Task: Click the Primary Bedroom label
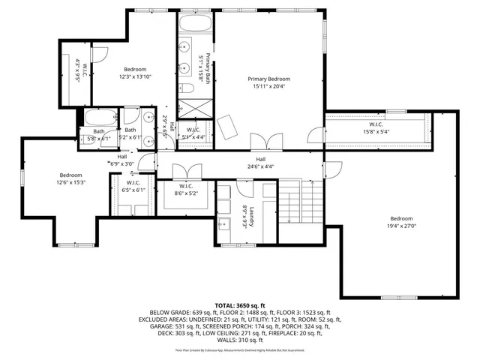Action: pyautogui.click(x=269, y=79)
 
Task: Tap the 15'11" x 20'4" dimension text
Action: pyautogui.click(x=269, y=86)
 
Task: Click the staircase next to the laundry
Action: pyautogui.click(x=299, y=205)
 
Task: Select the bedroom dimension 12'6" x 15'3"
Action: pyautogui.click(x=73, y=182)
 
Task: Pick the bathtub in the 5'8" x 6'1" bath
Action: pyautogui.click(x=99, y=118)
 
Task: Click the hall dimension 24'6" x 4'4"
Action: pyautogui.click(x=260, y=166)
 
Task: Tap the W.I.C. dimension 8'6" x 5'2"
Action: pyautogui.click(x=187, y=193)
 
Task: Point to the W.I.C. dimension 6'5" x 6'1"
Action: pyautogui.click(x=134, y=190)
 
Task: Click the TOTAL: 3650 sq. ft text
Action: pyautogui.click(x=240, y=305)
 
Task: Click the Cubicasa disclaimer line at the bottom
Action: pyautogui.click(x=240, y=349)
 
